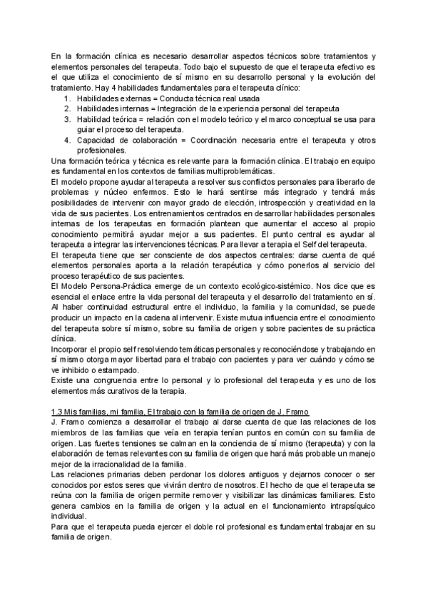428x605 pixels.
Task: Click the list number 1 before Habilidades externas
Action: click(66, 98)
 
